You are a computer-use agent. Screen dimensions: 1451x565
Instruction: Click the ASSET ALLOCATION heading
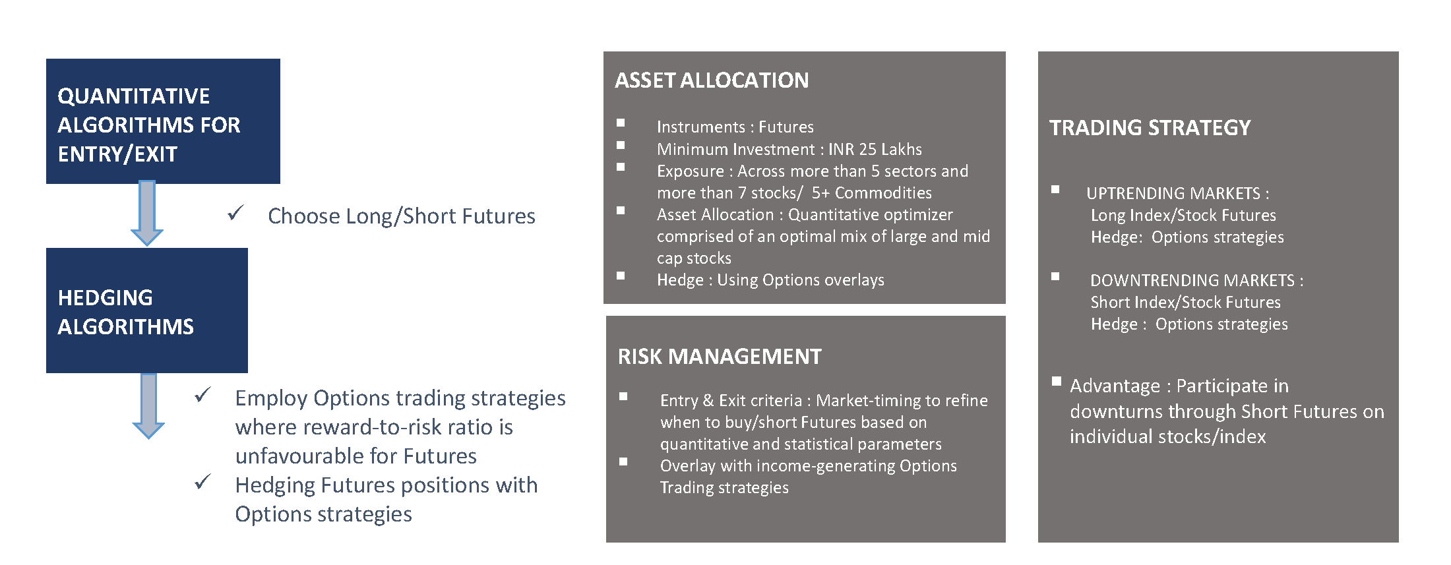click(x=712, y=80)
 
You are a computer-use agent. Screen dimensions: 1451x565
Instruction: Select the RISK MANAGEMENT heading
click(x=720, y=357)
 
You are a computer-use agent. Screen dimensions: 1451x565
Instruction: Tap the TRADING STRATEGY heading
click(x=1150, y=127)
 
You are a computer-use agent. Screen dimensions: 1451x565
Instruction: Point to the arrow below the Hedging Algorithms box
click(x=148, y=406)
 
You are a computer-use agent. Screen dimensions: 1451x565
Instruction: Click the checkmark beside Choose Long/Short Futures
click(x=235, y=213)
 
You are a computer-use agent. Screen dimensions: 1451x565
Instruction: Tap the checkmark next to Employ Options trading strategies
click(x=202, y=395)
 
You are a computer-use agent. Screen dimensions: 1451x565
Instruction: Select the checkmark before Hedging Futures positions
click(x=202, y=482)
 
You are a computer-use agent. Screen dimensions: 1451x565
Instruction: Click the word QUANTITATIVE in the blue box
click(x=134, y=96)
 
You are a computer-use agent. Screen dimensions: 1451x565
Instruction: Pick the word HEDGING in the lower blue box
click(x=106, y=298)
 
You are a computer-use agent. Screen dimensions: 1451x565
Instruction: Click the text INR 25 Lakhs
click(x=875, y=149)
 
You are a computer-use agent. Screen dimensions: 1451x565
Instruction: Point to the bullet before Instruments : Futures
click(x=621, y=123)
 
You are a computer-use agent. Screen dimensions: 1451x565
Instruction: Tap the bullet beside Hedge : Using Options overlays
click(x=621, y=276)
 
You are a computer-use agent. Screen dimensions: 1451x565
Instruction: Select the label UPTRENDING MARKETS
click(x=1173, y=193)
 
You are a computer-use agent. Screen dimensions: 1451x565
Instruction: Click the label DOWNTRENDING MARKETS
click(x=1192, y=280)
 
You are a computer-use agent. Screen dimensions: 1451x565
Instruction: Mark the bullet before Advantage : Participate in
click(x=1057, y=381)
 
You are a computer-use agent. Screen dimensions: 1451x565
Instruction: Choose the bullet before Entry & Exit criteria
click(x=623, y=396)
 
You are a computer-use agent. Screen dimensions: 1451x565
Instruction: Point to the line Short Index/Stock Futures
click(x=1185, y=302)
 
